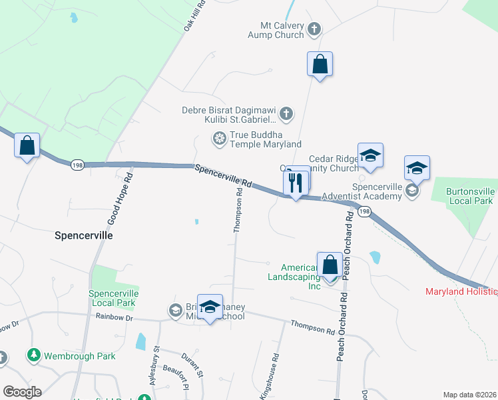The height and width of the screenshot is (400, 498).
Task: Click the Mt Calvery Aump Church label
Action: pos(276,30)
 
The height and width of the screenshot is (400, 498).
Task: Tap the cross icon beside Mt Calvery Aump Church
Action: pos(315,29)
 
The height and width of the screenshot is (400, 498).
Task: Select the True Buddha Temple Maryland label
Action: pos(266,139)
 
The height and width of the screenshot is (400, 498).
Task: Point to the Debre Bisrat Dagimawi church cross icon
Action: pos(286,114)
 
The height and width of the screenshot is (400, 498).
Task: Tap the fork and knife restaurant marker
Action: pos(296,182)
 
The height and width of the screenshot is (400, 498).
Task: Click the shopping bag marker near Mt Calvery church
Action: pos(320,65)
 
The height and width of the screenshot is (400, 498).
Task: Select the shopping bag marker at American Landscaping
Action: pos(330,265)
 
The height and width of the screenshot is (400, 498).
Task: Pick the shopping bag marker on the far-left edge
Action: pos(27,145)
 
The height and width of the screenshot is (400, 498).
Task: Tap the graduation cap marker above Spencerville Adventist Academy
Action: pos(417,169)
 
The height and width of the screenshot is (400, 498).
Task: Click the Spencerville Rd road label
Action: pos(224,175)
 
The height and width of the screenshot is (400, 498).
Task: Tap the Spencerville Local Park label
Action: pos(112,298)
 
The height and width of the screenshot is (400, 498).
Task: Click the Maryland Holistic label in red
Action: pos(461,292)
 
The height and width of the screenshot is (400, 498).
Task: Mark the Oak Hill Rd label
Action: pos(194,17)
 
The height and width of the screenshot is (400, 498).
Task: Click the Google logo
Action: pos(22,392)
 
